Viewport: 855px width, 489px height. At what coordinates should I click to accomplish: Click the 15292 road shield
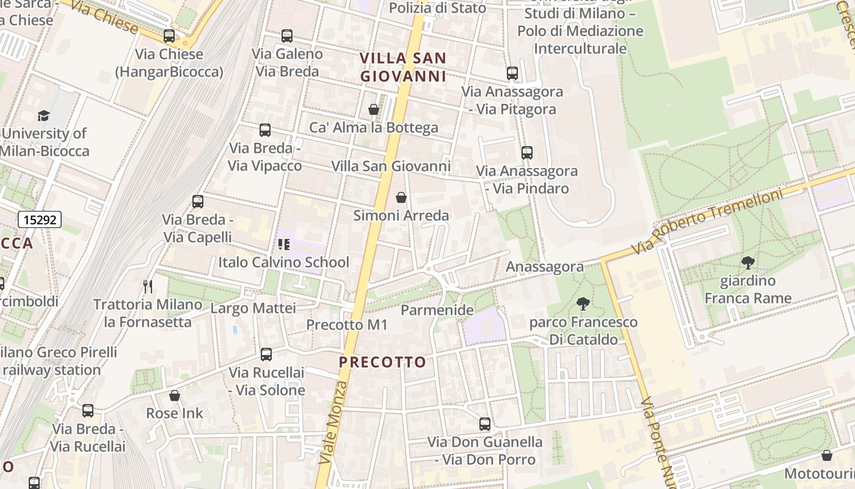click(x=40, y=219)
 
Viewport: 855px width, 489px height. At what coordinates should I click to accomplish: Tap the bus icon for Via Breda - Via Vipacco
click(x=264, y=130)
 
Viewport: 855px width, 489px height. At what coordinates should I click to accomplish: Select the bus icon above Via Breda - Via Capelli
click(x=197, y=202)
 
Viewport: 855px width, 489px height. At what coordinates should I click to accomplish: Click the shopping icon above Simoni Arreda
click(x=401, y=197)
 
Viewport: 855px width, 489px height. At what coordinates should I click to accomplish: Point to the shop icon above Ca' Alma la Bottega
click(x=373, y=109)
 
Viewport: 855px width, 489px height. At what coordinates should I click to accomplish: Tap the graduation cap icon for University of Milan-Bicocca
click(x=43, y=116)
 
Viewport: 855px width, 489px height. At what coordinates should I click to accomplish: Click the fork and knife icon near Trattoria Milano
click(x=147, y=287)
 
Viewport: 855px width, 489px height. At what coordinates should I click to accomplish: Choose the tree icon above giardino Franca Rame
click(x=748, y=263)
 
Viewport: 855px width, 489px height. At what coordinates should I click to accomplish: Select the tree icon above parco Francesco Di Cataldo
click(x=583, y=304)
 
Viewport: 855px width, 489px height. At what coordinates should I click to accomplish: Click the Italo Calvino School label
click(x=284, y=262)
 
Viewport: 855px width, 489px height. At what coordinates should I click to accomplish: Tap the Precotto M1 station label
click(x=347, y=325)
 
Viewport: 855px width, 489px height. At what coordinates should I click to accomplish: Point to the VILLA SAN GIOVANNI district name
click(x=403, y=67)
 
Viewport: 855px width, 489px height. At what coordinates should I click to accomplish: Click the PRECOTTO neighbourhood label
click(x=382, y=362)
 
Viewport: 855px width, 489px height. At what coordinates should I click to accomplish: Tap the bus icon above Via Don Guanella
click(x=485, y=424)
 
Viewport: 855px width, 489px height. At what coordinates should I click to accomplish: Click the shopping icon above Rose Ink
click(x=175, y=395)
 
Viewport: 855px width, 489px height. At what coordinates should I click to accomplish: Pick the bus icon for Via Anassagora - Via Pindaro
click(x=526, y=153)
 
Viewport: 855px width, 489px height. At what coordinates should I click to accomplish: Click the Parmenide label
click(x=437, y=310)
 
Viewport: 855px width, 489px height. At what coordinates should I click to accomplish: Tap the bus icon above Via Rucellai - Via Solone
click(x=266, y=355)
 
